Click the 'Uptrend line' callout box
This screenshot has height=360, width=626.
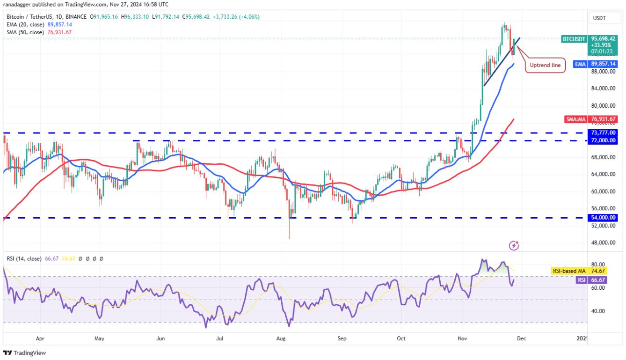coord(545,65)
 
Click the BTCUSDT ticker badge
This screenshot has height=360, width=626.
coord(574,39)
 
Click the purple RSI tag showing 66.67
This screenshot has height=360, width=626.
coord(581,280)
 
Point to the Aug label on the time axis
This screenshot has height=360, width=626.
coord(281,338)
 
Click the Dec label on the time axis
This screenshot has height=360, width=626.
coord(521,338)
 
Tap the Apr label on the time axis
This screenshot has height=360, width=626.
coord(40,338)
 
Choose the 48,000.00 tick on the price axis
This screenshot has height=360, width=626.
coord(604,242)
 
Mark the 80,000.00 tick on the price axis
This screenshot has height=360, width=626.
coord(604,106)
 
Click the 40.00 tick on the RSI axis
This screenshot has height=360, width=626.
coord(599,311)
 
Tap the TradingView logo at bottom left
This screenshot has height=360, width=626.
coord(25,353)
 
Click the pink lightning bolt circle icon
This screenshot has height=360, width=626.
coord(514,245)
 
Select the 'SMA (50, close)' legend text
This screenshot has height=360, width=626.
coord(25,32)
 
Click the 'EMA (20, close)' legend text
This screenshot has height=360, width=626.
coord(25,24)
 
